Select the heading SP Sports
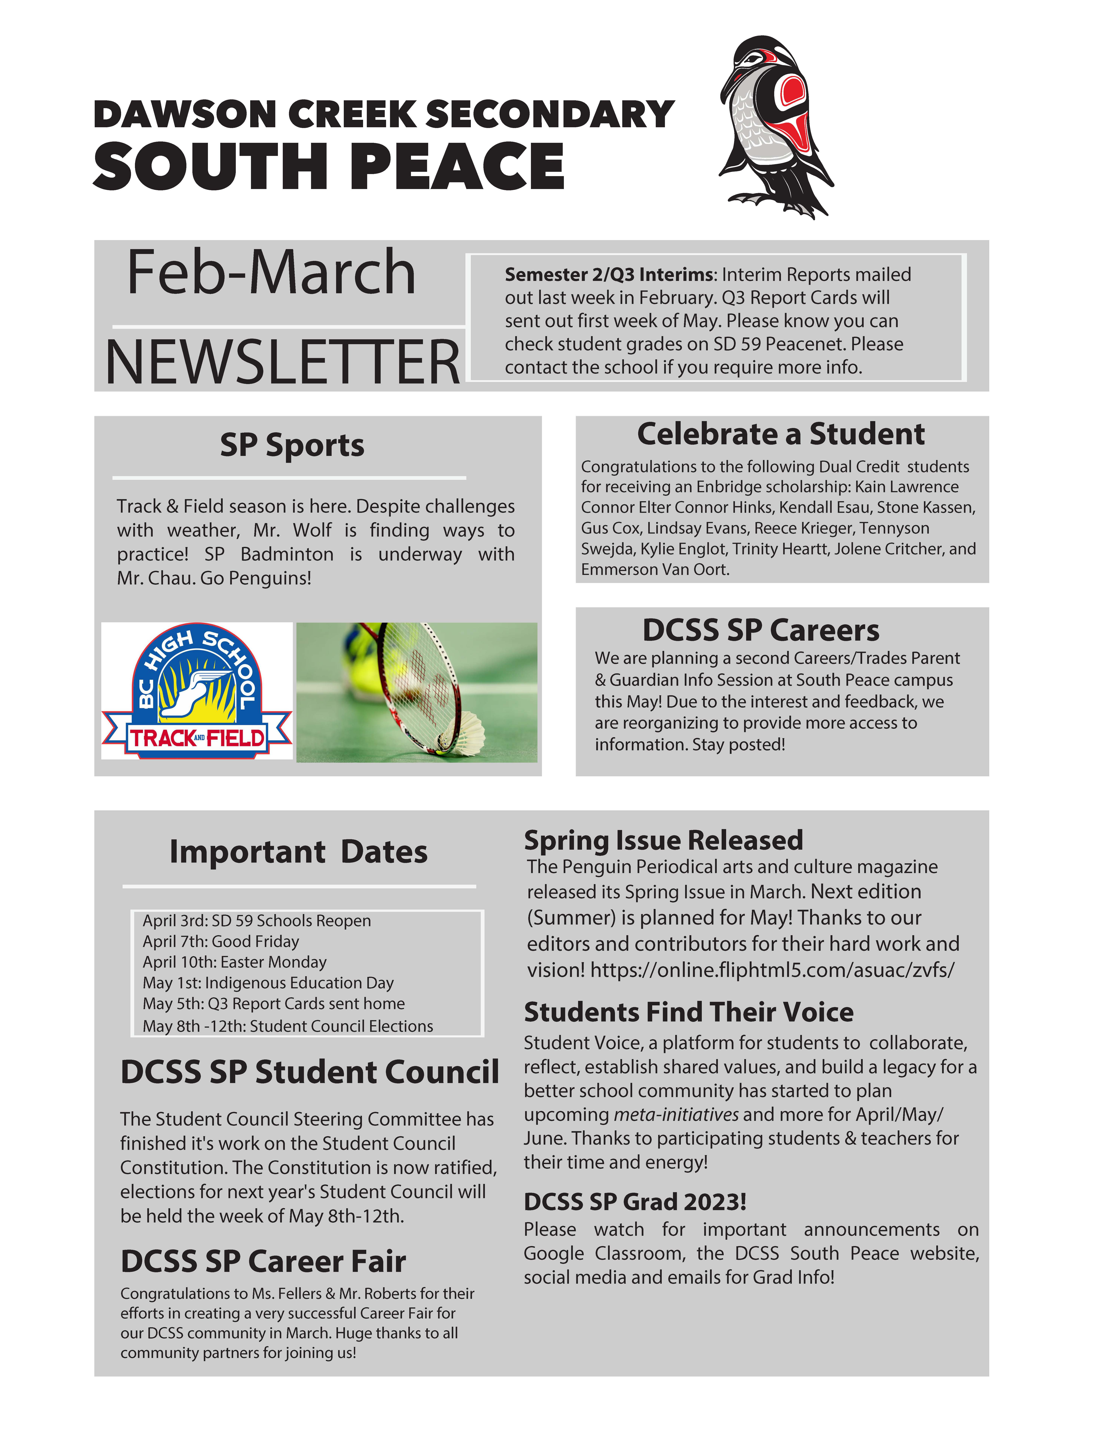(x=292, y=445)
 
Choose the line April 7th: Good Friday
(x=221, y=942)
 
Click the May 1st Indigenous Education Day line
(x=268, y=983)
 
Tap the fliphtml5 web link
(x=772, y=970)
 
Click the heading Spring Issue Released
(x=663, y=841)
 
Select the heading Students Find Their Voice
(x=688, y=1012)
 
